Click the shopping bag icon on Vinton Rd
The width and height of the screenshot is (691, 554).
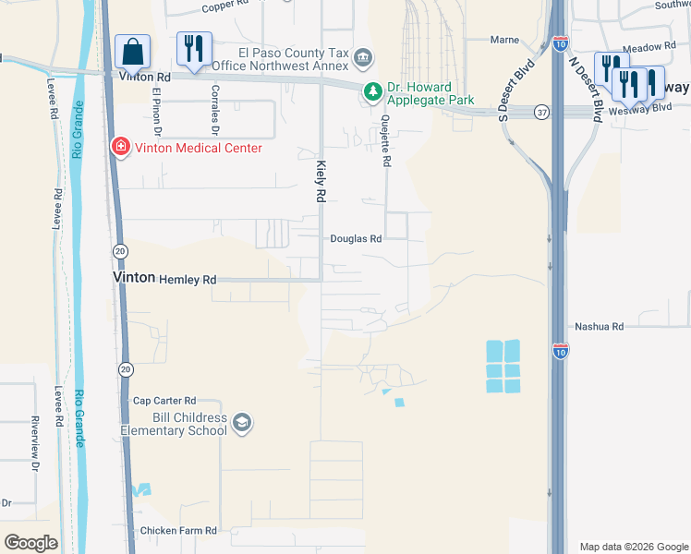[133, 53]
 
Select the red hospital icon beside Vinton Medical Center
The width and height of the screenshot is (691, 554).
[120, 146]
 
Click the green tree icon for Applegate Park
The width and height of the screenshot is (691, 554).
[372, 91]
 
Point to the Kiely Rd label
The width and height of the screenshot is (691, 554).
[321, 181]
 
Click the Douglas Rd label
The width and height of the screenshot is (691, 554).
[357, 238]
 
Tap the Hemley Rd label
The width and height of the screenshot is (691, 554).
[188, 279]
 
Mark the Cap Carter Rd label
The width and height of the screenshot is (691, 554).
[164, 401]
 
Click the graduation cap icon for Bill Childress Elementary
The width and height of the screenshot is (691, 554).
[242, 423]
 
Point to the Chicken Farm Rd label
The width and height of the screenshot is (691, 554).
[178, 531]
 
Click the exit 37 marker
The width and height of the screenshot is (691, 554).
[542, 112]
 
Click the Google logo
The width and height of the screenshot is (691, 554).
[30, 543]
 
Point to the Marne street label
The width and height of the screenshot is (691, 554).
[504, 41]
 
